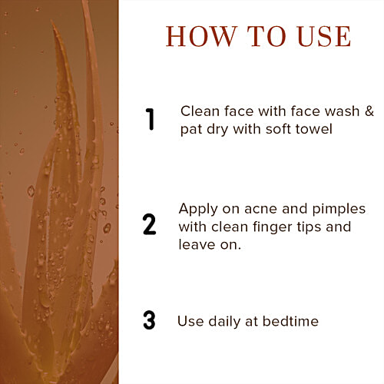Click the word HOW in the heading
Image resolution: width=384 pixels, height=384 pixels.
click(200, 36)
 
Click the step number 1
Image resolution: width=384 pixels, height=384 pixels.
click(150, 119)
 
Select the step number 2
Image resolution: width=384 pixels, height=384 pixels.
click(150, 224)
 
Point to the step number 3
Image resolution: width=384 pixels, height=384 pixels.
click(149, 319)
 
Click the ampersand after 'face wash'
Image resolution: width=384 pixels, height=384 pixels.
click(369, 111)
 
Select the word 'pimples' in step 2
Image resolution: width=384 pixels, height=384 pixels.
click(339, 210)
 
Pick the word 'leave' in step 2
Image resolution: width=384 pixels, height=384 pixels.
click(197, 244)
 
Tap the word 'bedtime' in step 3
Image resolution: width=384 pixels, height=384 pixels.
click(290, 321)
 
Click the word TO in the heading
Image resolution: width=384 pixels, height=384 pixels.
click(266, 36)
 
